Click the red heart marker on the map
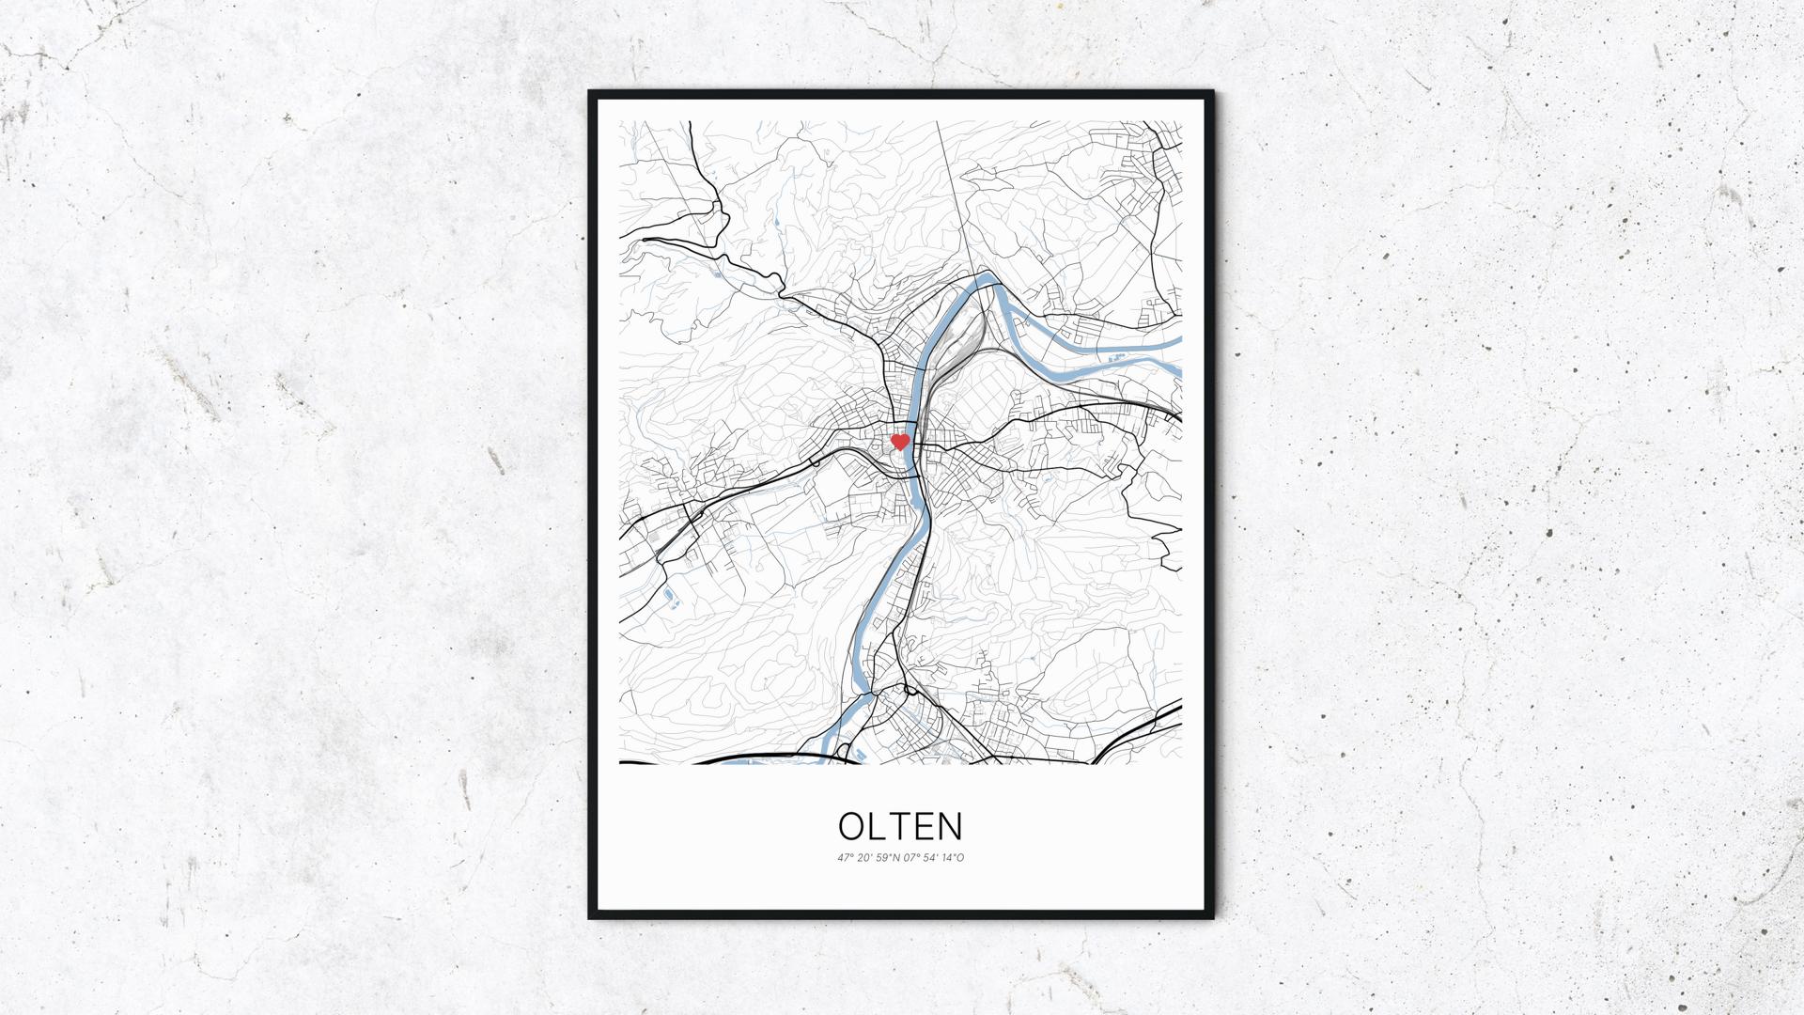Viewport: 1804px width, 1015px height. pos(899,441)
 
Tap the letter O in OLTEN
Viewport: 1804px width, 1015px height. pos(851,826)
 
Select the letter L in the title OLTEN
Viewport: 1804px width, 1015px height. pos(877,826)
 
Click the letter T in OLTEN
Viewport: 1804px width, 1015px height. pos(900,826)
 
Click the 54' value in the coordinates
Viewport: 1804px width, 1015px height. pos(930,857)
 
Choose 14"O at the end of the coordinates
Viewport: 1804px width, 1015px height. pos(953,857)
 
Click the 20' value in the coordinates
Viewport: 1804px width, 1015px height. pos(864,857)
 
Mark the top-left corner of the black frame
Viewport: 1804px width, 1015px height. pos(591,93)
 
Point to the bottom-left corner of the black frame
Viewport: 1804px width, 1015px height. pos(591,916)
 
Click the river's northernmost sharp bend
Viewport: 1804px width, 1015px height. pos(985,277)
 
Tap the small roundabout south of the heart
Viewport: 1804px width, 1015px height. pos(910,691)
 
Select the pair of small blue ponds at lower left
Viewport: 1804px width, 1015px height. pos(671,598)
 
